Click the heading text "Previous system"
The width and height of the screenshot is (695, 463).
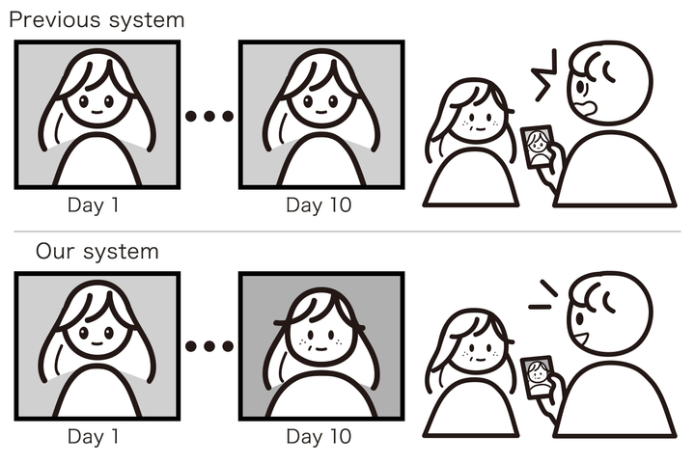tap(97, 18)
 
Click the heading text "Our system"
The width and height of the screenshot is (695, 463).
tap(97, 253)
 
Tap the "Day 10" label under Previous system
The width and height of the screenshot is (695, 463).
tap(319, 205)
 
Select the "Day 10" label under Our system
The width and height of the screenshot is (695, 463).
tap(319, 437)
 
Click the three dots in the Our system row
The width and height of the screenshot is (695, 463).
tap(208, 346)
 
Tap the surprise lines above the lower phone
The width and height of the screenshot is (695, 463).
tap(543, 300)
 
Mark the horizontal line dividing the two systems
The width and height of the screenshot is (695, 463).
tap(347, 231)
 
